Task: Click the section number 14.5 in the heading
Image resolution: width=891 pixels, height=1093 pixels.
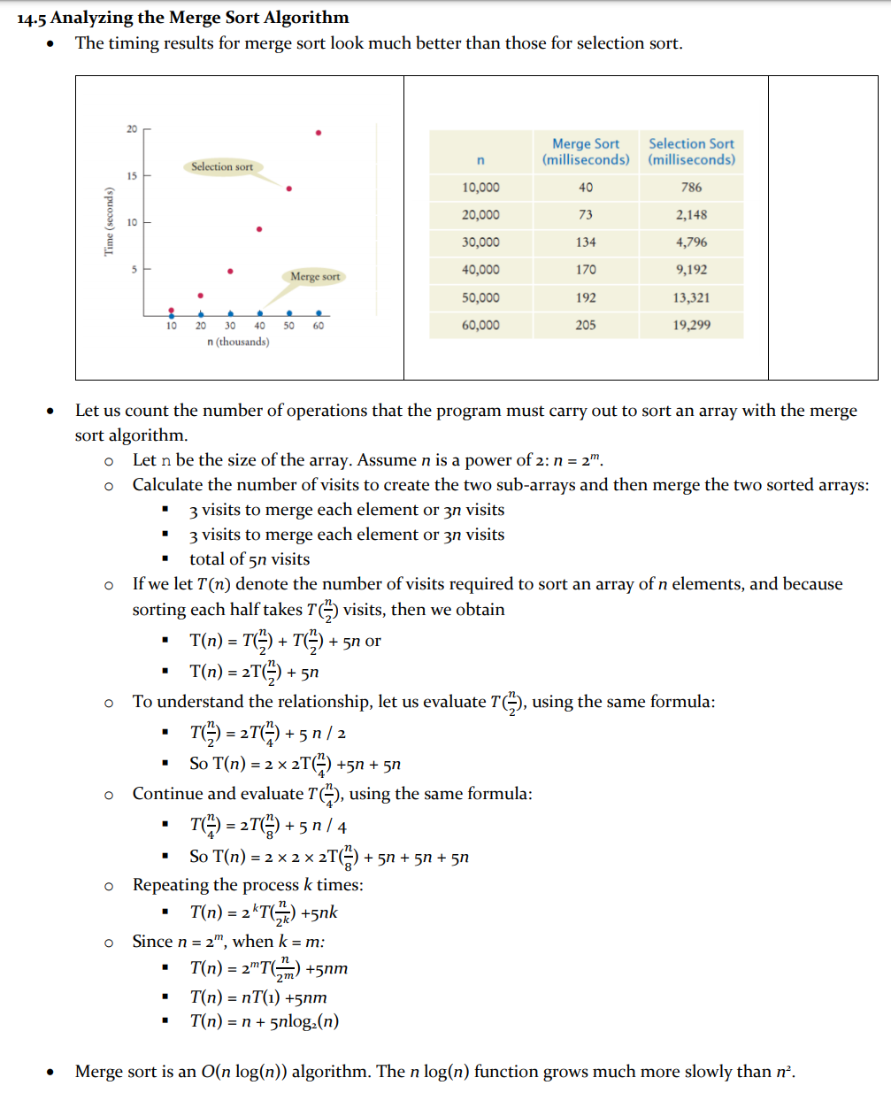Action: pos(32,18)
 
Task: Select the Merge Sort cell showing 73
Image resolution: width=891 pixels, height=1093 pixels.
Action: pos(586,215)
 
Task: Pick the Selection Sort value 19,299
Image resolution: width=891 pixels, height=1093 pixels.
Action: pos(691,325)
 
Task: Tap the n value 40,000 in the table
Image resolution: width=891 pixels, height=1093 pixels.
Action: pos(480,270)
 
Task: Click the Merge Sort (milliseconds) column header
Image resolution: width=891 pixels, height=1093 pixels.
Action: pos(586,151)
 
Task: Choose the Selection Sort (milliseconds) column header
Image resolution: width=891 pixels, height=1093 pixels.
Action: pos(691,151)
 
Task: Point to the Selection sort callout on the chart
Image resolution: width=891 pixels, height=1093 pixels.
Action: pos(222,166)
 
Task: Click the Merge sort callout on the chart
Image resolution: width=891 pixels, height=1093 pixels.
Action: pos(315,276)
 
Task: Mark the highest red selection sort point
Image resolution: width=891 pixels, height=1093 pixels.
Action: pos(319,133)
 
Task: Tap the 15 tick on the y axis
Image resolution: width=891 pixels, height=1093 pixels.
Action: pos(132,176)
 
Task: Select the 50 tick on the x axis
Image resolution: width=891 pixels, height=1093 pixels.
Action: pos(288,326)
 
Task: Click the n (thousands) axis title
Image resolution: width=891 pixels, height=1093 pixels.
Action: pos(238,342)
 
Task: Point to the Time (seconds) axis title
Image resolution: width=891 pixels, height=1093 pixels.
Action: pos(109,221)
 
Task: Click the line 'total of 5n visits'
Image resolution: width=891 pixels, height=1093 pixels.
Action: pos(250,559)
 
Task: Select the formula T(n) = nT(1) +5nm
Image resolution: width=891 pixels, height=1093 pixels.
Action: pos(258,997)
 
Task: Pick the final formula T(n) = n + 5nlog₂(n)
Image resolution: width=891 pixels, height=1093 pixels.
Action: pos(264,1021)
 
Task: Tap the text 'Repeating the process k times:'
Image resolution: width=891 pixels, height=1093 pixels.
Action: pos(248,885)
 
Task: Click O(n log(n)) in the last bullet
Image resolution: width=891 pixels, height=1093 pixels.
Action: pos(242,1072)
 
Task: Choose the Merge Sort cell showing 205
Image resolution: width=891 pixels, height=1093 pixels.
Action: pos(586,325)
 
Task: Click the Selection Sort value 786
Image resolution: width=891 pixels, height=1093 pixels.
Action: pos(691,188)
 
